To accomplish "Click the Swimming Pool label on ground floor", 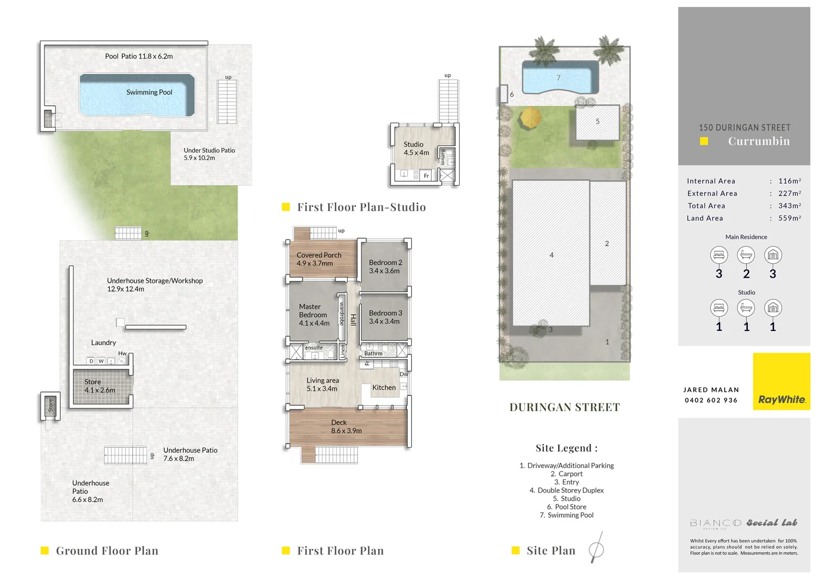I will click(x=149, y=92).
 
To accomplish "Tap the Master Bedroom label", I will click(x=314, y=315).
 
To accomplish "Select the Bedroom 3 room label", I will click(x=385, y=317).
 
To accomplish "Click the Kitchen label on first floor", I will click(x=384, y=388).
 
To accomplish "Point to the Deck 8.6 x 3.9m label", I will click(x=346, y=427).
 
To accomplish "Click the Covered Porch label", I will click(x=319, y=259).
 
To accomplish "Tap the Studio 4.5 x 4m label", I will click(x=416, y=149).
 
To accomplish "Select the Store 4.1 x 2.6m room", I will click(x=100, y=386).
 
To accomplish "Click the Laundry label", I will click(x=104, y=343).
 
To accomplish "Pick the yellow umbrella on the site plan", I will click(x=530, y=117).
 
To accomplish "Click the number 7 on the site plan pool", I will click(x=558, y=78).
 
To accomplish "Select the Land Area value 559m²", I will click(x=790, y=218).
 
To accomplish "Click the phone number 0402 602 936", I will click(x=711, y=400).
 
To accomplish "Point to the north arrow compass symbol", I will click(x=596, y=548).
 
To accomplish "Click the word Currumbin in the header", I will click(x=758, y=141).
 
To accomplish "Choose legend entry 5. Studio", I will click(x=566, y=499).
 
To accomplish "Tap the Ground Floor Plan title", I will click(x=107, y=551).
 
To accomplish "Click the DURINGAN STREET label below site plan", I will click(x=564, y=407).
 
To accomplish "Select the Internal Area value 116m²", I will click(x=790, y=181).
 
